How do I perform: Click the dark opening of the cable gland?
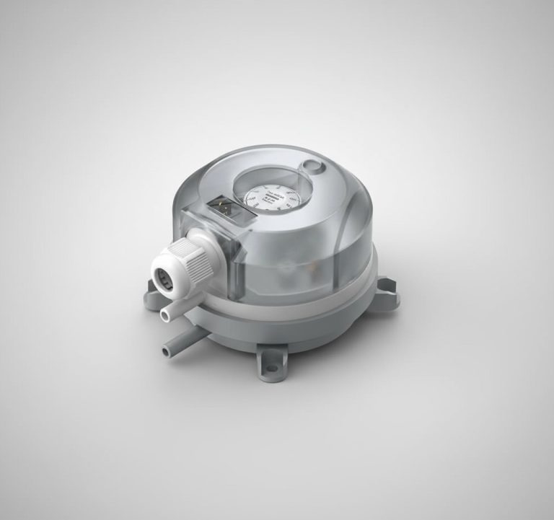pos(164,276)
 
